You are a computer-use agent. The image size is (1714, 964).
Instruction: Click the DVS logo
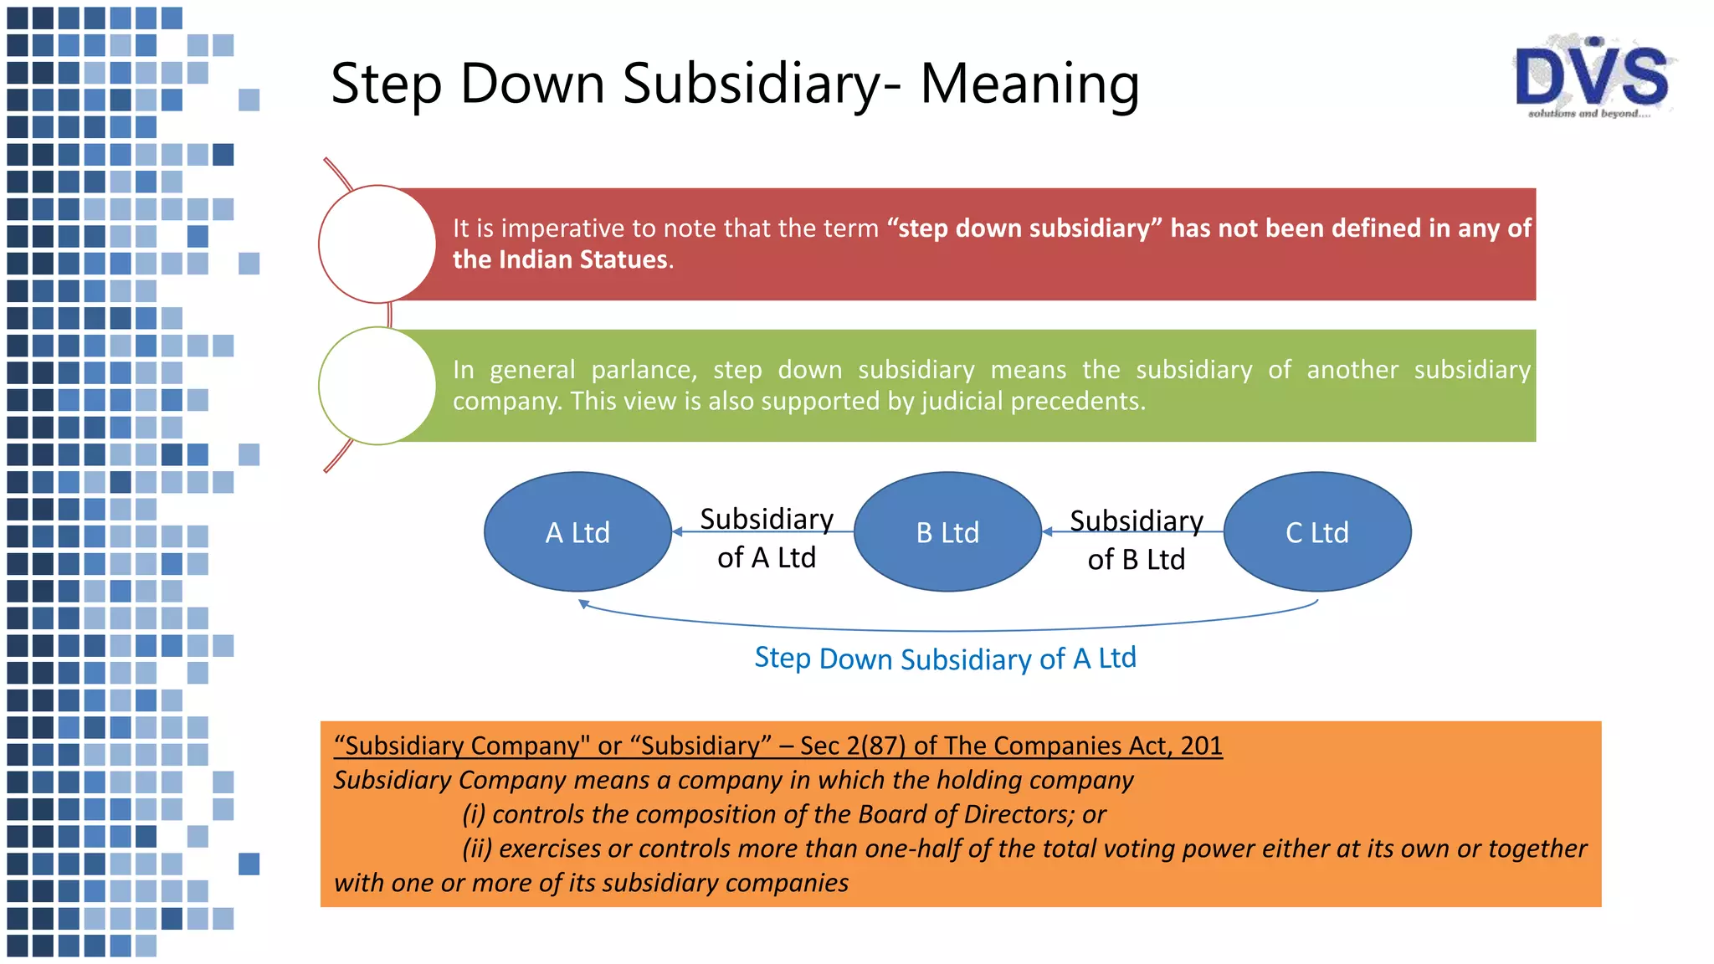coord(1594,78)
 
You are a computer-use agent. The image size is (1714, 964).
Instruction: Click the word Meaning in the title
coord(1029,84)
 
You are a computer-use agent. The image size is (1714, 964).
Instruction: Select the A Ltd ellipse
coord(577,532)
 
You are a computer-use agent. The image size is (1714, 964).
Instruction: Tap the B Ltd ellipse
coord(947,532)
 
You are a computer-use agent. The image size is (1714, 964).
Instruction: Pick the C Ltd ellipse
coord(1317,532)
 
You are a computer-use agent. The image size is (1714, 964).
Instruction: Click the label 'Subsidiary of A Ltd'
coord(767,538)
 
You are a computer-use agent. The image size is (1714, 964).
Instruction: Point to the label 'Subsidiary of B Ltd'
coord(1137,540)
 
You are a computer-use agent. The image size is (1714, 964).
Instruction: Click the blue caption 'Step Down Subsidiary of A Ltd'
coord(945,659)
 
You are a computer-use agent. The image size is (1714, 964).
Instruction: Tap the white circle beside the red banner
coord(377,244)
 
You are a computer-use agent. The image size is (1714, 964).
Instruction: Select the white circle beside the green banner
coord(377,386)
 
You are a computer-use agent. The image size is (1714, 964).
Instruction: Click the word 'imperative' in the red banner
coord(563,228)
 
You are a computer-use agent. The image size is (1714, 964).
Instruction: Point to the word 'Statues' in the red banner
coord(625,259)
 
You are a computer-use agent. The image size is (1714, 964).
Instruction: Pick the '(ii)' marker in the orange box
coord(477,849)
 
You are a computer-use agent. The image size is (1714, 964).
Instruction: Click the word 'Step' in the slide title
coord(386,84)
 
